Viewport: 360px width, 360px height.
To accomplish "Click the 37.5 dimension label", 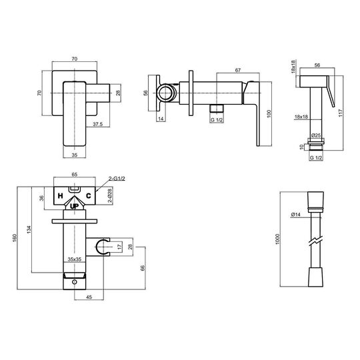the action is point(97,124).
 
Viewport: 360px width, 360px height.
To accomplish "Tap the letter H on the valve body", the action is point(61,196).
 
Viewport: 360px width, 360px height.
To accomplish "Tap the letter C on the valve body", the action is point(89,196).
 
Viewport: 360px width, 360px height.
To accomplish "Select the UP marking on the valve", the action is point(74,207).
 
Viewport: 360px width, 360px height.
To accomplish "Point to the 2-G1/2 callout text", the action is point(117,179).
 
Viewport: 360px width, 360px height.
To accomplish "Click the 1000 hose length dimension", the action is point(277,239).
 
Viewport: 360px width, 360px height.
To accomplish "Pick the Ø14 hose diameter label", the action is point(296,215).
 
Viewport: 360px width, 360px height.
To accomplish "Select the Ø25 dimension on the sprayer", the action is point(316,135).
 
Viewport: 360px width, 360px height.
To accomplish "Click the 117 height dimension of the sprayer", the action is point(340,113).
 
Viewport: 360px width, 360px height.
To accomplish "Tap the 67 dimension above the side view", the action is point(238,70).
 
